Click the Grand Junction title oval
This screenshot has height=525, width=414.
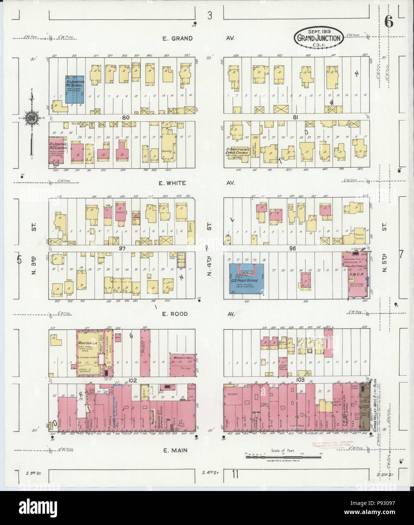(320, 37)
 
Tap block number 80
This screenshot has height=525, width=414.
(126, 117)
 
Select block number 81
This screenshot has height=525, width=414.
(295, 117)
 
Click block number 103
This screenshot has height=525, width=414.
(301, 380)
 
